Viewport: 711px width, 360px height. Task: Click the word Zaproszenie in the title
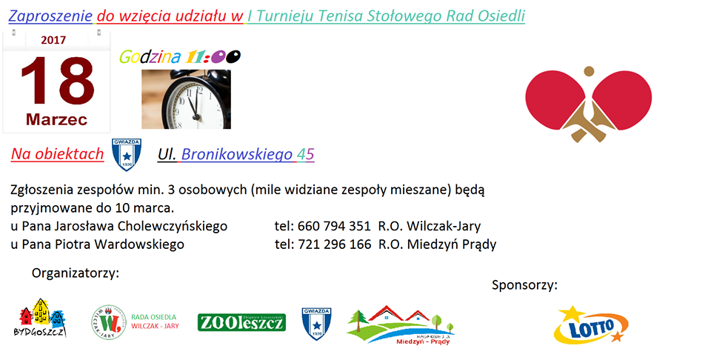click(50, 16)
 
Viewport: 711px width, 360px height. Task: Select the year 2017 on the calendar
click(53, 40)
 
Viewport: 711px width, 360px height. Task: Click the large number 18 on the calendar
click(58, 81)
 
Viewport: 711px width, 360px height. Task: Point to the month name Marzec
click(57, 120)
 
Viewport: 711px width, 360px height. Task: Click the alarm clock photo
click(187, 99)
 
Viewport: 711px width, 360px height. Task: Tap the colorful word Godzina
click(150, 58)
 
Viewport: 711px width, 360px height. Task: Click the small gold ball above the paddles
click(589, 71)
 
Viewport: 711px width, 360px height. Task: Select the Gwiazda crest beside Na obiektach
click(127, 155)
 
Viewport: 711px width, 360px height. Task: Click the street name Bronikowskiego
click(237, 155)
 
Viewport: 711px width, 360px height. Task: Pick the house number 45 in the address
click(306, 155)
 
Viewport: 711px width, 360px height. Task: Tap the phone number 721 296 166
click(335, 244)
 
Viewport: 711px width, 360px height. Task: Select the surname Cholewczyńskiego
click(173, 226)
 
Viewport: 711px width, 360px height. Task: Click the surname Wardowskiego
click(139, 244)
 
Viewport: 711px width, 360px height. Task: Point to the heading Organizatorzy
click(76, 273)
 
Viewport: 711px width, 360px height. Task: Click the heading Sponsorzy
click(524, 285)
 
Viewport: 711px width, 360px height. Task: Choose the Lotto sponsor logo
click(591, 324)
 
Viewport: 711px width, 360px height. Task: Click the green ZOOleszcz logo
click(241, 322)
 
